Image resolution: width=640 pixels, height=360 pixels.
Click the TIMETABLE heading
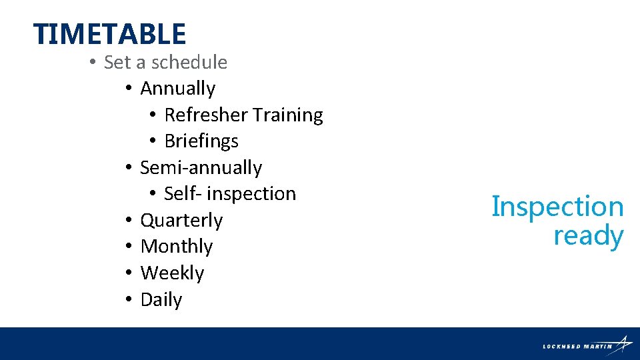pos(109,34)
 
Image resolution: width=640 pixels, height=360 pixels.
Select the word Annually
pos(178,89)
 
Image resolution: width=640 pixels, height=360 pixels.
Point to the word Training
pos(288,115)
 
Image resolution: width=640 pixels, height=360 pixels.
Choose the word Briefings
pos(201,141)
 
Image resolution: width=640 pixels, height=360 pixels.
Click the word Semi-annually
pos(201,167)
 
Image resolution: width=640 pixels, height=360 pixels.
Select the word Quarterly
pos(181,220)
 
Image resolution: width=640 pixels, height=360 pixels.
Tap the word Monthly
pos(177,247)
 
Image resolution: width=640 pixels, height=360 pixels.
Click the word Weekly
pos(172,273)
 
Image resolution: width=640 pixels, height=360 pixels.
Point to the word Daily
pos(161,300)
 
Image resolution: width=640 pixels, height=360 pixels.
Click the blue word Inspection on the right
pos(557,207)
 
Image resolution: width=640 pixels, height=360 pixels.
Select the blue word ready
pos(588,236)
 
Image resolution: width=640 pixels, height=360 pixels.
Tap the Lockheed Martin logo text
pos(577,346)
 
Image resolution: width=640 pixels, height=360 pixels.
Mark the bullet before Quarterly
pos(128,220)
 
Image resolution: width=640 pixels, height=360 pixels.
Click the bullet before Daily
pos(128,300)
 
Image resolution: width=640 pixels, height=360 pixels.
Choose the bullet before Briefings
pos(152,141)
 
